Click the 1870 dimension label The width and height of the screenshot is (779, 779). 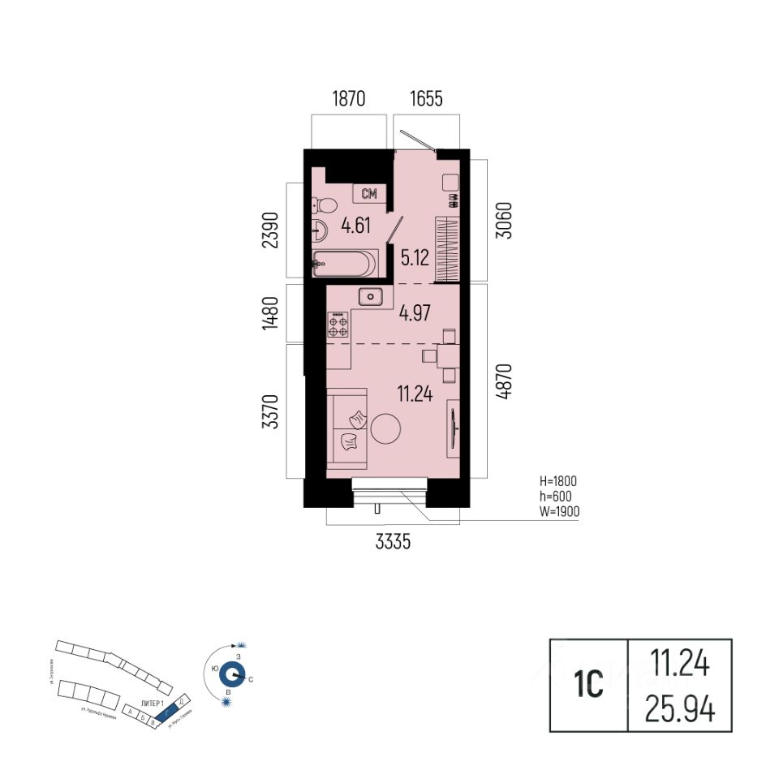click(x=349, y=100)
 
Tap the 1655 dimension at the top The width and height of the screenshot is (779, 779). click(x=426, y=100)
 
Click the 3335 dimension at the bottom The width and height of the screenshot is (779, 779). click(x=393, y=544)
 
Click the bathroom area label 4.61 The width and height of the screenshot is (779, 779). click(x=355, y=225)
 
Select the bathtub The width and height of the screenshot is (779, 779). click(x=345, y=263)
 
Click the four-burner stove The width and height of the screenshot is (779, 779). click(x=338, y=325)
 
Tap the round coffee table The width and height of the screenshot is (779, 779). click(x=387, y=428)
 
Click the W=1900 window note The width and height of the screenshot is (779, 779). click(x=557, y=511)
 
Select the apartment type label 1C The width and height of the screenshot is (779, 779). click(x=589, y=686)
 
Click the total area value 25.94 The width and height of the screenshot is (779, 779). click(x=680, y=711)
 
